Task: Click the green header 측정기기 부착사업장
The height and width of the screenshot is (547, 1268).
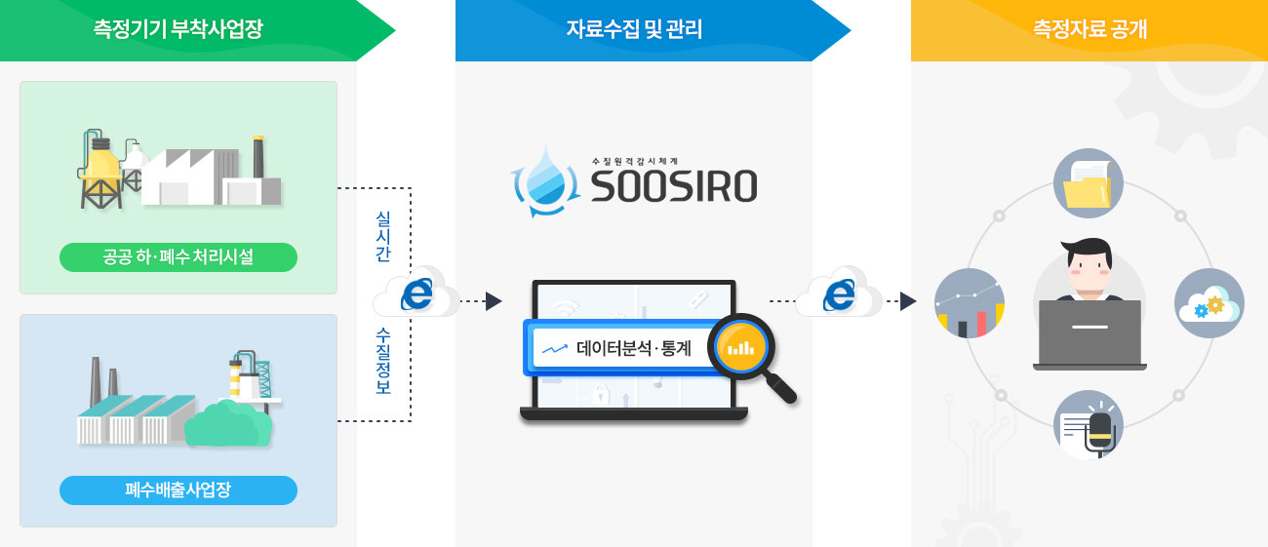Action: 178,30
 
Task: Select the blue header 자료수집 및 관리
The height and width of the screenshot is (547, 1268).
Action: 634,30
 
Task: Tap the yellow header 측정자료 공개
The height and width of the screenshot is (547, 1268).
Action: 1090,30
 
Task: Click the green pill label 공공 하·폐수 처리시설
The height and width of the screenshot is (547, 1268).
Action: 178,257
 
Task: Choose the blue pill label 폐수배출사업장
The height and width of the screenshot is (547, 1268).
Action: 178,490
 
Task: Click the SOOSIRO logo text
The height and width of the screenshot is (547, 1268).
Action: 674,186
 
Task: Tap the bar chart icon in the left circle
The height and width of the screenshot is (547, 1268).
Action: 970,303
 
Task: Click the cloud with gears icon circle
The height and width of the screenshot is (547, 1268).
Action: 1209,303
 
